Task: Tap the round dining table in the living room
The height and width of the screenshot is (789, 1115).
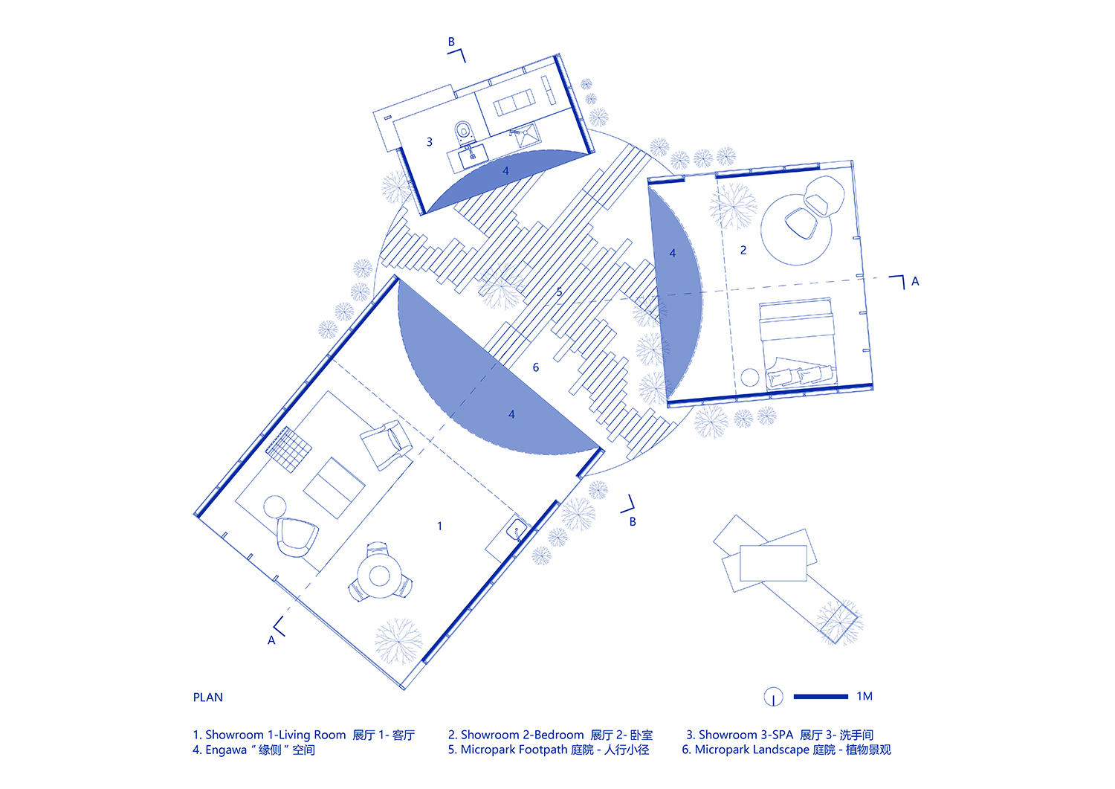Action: pyautogui.click(x=379, y=576)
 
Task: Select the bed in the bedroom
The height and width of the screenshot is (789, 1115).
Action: pyautogui.click(x=798, y=343)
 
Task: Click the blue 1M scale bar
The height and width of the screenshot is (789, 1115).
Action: pyautogui.click(x=821, y=696)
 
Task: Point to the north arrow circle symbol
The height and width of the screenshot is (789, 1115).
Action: pyautogui.click(x=774, y=697)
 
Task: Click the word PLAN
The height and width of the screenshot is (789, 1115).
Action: pyautogui.click(x=207, y=698)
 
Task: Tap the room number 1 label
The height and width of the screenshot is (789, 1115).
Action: pyautogui.click(x=439, y=526)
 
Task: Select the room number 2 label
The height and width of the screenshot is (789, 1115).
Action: pyautogui.click(x=743, y=250)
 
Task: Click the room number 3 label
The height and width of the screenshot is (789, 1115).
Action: pyautogui.click(x=430, y=142)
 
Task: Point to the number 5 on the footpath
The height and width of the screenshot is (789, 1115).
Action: pyautogui.click(x=559, y=292)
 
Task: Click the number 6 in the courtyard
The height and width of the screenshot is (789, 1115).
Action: pyautogui.click(x=536, y=367)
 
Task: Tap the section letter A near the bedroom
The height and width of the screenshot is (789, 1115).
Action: pyautogui.click(x=915, y=281)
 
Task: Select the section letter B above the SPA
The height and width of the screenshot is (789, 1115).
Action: pyautogui.click(x=451, y=42)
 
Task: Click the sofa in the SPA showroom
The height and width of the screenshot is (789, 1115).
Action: pyautogui.click(x=514, y=103)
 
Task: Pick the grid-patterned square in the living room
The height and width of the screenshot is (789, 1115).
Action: pyautogui.click(x=288, y=449)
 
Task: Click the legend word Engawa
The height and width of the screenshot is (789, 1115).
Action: pyautogui.click(x=226, y=750)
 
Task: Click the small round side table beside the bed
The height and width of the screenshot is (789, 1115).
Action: pyautogui.click(x=749, y=377)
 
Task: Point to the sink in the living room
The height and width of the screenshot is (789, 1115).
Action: pyautogui.click(x=517, y=530)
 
